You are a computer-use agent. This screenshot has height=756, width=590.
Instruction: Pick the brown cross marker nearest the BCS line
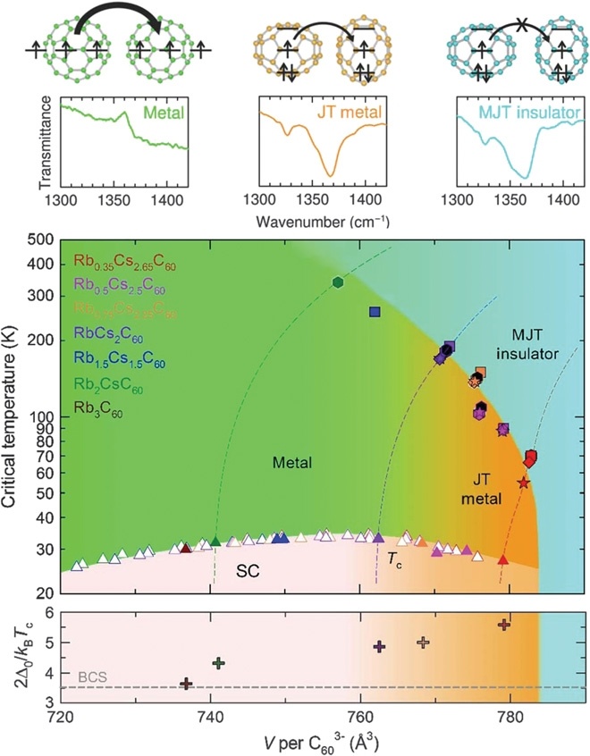(186, 684)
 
